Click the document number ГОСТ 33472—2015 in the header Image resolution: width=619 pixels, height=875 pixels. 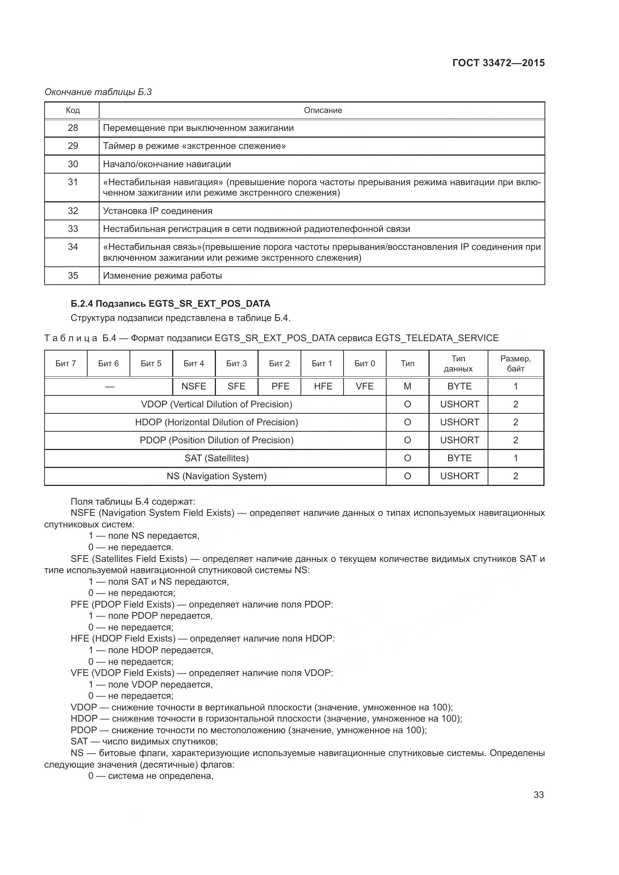pos(498,63)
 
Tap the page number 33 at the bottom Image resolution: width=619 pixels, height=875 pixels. pos(539,795)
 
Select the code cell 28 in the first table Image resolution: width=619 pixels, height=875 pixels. pos(73,128)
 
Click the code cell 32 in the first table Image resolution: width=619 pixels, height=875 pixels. pos(73,211)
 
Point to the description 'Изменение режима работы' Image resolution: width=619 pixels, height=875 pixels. pos(162,276)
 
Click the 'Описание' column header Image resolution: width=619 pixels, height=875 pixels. pos(323,110)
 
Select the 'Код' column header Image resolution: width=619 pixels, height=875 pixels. pos(73,110)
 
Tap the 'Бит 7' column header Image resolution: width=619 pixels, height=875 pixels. pos(65,363)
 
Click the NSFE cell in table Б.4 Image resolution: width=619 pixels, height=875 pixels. pos(193,386)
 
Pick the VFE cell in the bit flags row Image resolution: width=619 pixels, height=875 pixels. pos(365,386)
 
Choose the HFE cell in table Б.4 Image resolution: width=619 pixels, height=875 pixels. pos(323,386)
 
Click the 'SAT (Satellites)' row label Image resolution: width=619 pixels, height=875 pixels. pos(216,458)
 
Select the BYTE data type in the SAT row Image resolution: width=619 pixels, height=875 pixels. pos(459,458)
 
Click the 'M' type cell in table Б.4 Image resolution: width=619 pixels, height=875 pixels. pos(407,386)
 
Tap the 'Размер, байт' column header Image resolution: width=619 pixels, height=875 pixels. pos(515,363)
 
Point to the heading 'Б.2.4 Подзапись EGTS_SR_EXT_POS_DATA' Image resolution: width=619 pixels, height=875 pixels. pos(170,303)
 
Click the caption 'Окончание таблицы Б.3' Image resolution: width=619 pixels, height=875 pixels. pos(98,92)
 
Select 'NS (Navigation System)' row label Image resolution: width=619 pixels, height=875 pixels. pos(216,476)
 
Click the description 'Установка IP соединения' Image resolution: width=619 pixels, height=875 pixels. pos(158,211)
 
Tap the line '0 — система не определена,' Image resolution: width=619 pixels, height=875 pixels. pos(151,775)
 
